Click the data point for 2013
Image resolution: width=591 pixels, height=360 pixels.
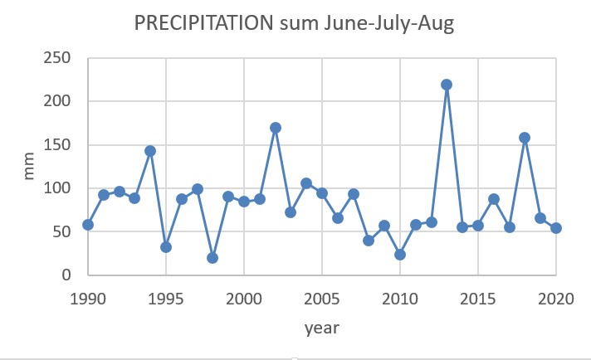[x=447, y=85]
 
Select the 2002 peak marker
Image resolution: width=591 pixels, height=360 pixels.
[x=276, y=128]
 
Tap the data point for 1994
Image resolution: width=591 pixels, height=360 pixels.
[x=150, y=151]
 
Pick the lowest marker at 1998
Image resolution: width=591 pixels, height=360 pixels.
[x=212, y=258]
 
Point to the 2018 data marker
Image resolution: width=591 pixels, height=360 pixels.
[x=525, y=138]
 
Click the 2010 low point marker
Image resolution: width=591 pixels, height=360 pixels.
[x=400, y=255]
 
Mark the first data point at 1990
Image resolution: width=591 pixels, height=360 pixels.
[x=88, y=225]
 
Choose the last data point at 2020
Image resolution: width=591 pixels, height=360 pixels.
[x=556, y=228]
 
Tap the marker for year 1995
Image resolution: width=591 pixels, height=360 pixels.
[x=166, y=247]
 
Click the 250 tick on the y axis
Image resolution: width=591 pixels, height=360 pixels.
[x=56, y=58]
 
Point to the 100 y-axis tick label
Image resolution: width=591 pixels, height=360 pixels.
[x=56, y=188]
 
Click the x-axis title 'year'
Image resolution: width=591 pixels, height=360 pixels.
[x=322, y=328]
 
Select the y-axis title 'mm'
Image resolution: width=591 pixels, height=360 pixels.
[x=28, y=167]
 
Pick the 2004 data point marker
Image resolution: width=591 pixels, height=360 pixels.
[x=306, y=183]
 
